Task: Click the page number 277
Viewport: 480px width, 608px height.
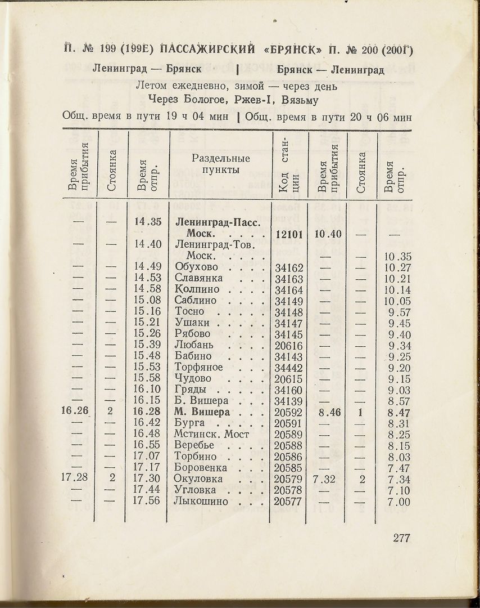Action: pyautogui.click(x=401, y=538)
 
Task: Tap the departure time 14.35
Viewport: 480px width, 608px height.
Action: pyautogui.click(x=148, y=222)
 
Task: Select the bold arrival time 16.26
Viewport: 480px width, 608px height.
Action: pyautogui.click(x=75, y=412)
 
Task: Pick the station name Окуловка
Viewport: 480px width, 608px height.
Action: pyautogui.click(x=198, y=479)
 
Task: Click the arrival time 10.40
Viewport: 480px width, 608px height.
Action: pyautogui.click(x=328, y=234)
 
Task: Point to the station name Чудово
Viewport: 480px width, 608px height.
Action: pyautogui.click(x=193, y=378)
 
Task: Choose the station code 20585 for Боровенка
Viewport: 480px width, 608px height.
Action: pyautogui.click(x=289, y=468)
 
